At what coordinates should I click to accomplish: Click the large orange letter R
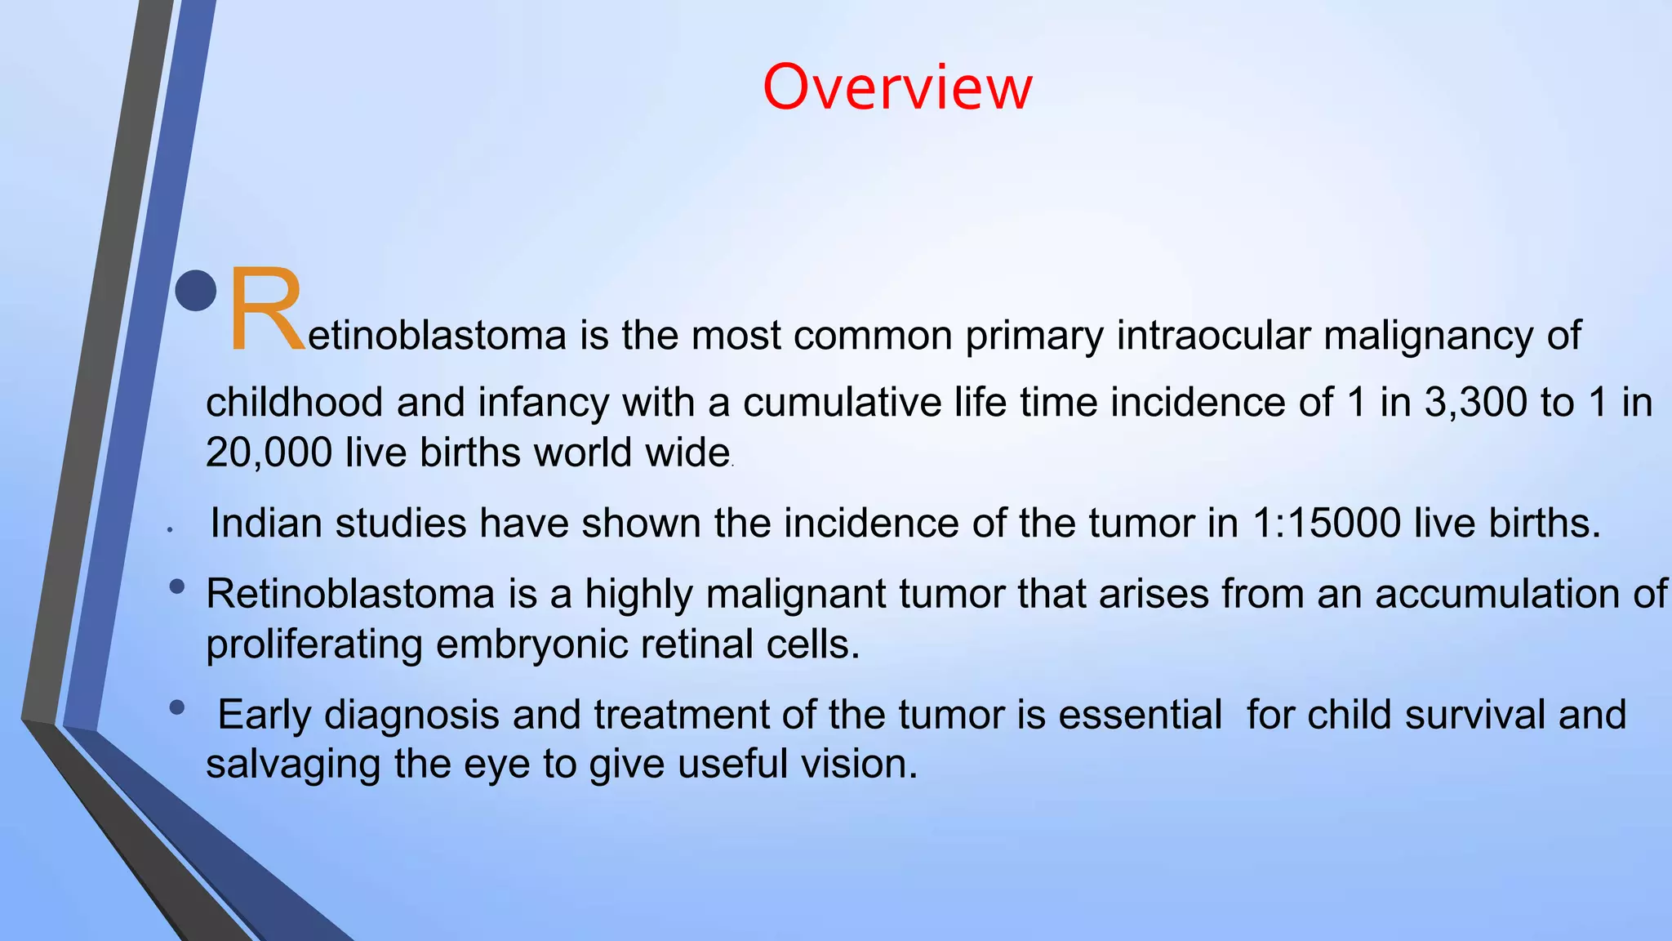pyautogui.click(x=265, y=310)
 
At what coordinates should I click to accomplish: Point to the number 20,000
pyautogui.click(x=269, y=453)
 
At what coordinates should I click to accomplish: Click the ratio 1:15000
pyautogui.click(x=1326, y=523)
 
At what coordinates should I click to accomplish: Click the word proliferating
pyautogui.click(x=314, y=644)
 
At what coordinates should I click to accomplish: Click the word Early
pyautogui.click(x=265, y=715)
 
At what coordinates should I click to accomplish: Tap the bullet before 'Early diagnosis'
pyautogui.click(x=177, y=707)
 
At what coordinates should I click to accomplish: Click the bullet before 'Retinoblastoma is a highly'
pyautogui.click(x=177, y=586)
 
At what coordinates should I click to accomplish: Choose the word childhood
pyautogui.click(x=295, y=403)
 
